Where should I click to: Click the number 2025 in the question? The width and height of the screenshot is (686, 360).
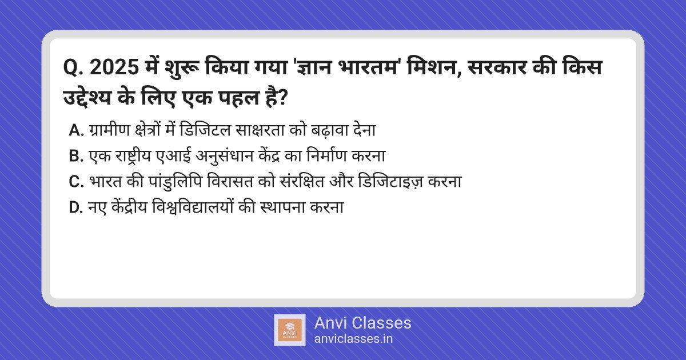(114, 67)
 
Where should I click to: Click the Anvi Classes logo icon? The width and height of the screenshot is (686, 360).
(290, 330)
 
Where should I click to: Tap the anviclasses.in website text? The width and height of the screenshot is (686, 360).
(353, 338)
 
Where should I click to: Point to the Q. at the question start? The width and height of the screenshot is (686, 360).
(74, 68)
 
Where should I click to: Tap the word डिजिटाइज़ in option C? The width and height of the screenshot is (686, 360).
(390, 182)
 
